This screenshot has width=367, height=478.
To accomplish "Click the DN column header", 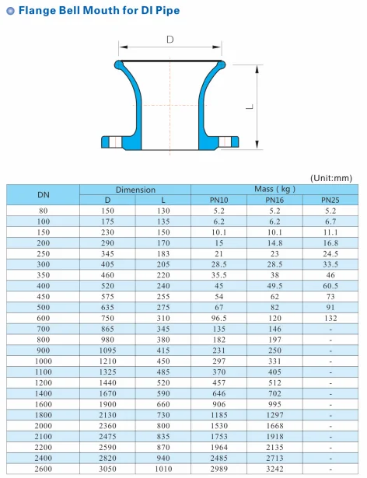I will (44, 195).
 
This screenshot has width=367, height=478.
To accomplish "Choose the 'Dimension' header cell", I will (135, 190).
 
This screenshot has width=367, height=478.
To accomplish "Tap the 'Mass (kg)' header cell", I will (274, 190).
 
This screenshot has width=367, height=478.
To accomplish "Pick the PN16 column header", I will (274, 201).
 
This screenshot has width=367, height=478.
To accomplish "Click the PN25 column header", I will (330, 201).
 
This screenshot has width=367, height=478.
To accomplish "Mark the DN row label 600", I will (44, 318).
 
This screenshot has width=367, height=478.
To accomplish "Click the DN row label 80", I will (44, 211).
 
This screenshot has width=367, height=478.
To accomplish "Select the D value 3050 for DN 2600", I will (108, 470).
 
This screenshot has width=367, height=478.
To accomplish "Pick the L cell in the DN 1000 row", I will (163, 361).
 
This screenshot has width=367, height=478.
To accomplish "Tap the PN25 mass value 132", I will (330, 318).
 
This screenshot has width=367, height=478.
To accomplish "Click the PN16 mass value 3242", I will (274, 470).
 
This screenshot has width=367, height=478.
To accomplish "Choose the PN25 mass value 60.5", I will (330, 285).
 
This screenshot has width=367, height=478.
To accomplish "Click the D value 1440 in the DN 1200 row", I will (108, 382).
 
